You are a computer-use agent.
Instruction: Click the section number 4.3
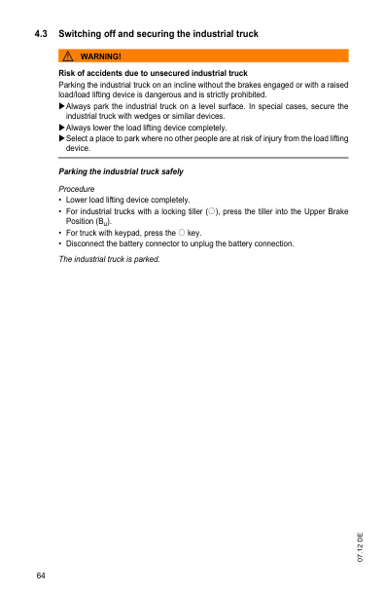[x=41, y=35]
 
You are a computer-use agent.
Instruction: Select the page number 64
[x=41, y=577]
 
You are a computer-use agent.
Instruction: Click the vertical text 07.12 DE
[x=360, y=549]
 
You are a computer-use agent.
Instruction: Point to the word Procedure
[x=78, y=187]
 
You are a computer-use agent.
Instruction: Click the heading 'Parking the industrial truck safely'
[x=122, y=171]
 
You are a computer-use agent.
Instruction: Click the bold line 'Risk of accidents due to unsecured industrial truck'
[x=153, y=74]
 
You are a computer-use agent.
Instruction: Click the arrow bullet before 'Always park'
[x=62, y=106]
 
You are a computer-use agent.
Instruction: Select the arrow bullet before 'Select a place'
[x=62, y=139]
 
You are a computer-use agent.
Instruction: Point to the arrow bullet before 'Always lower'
[x=62, y=128]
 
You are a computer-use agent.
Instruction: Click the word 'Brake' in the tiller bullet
[x=335, y=210]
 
